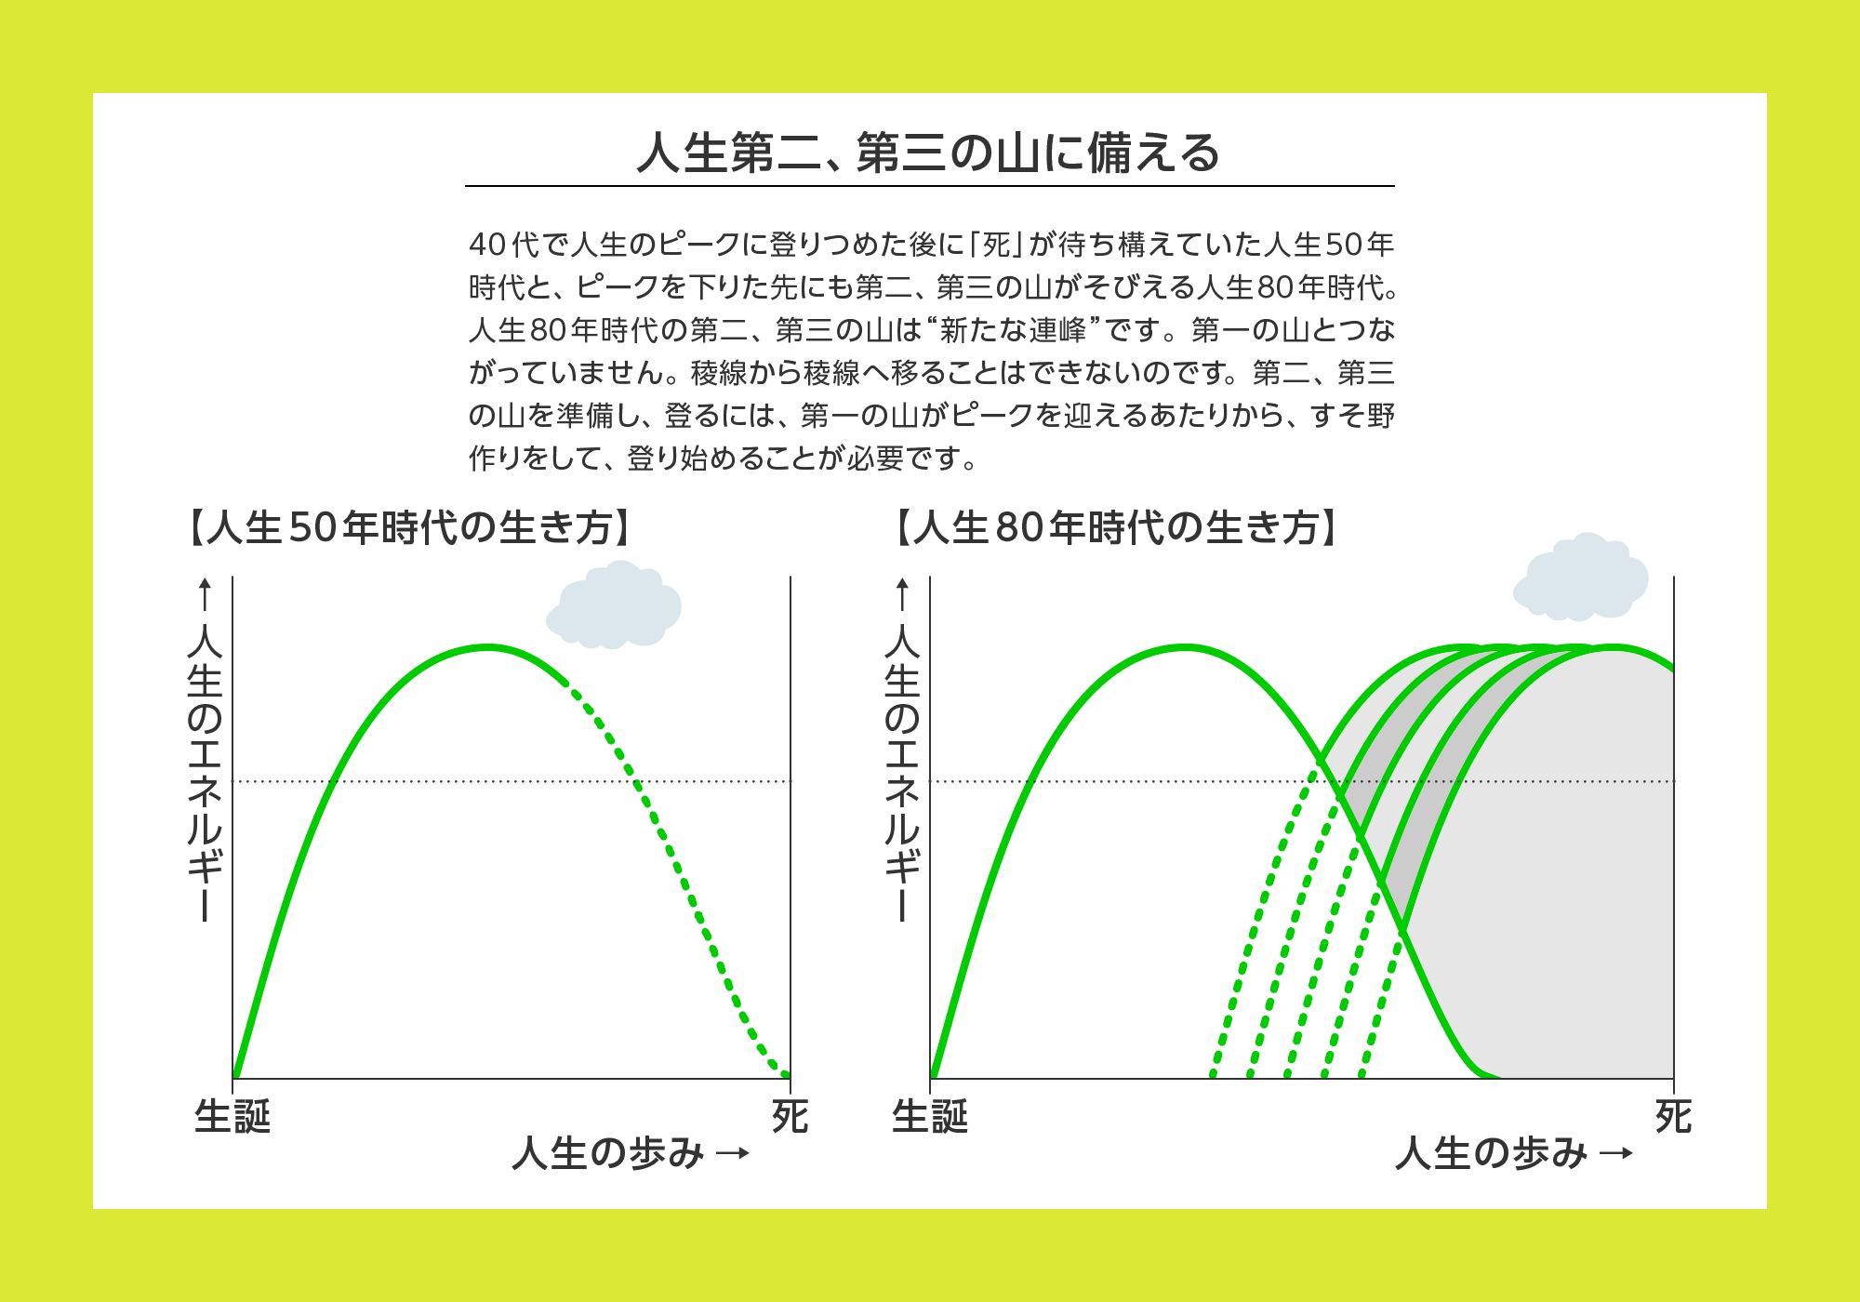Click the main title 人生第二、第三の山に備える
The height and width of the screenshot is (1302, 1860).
[x=928, y=153]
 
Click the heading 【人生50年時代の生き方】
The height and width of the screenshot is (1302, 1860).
[x=410, y=527]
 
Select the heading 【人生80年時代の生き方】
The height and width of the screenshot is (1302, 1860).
[x=1117, y=527]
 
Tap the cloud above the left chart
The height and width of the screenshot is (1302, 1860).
[x=614, y=604]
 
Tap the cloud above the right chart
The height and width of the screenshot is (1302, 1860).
[x=1581, y=577]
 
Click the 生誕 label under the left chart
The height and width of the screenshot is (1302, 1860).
[x=232, y=1116]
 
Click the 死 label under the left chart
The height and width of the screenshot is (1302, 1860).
[x=790, y=1116]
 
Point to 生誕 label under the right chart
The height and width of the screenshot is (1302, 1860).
[x=930, y=1116]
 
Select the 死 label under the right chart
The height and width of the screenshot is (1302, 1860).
[x=1673, y=1116]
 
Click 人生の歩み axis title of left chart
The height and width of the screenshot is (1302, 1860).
[x=608, y=1153]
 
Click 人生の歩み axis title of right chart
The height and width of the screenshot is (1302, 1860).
[x=1492, y=1153]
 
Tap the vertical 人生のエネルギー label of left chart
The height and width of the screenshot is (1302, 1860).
[x=205, y=772]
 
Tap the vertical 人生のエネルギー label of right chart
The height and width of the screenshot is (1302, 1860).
[x=902, y=772]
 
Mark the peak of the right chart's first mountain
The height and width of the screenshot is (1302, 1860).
[x=1185, y=646]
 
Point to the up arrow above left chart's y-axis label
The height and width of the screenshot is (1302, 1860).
[x=205, y=595]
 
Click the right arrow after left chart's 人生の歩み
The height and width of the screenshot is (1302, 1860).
[x=733, y=1154]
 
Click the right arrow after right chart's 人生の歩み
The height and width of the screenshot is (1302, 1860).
[x=1616, y=1154]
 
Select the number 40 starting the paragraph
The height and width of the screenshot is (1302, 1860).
[x=488, y=245]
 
